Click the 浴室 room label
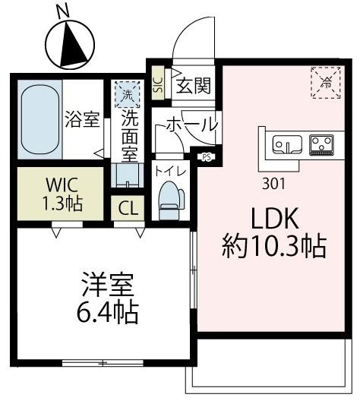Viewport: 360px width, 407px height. pyautogui.click(x=80, y=120)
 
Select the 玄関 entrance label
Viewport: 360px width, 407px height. pyautogui.click(x=193, y=86)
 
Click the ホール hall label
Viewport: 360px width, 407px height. pyautogui.click(x=190, y=124)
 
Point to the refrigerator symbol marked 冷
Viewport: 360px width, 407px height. pyautogui.click(x=326, y=80)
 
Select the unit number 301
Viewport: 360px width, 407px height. pyautogui.click(x=274, y=182)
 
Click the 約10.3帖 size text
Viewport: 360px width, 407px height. pyautogui.click(x=275, y=246)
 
